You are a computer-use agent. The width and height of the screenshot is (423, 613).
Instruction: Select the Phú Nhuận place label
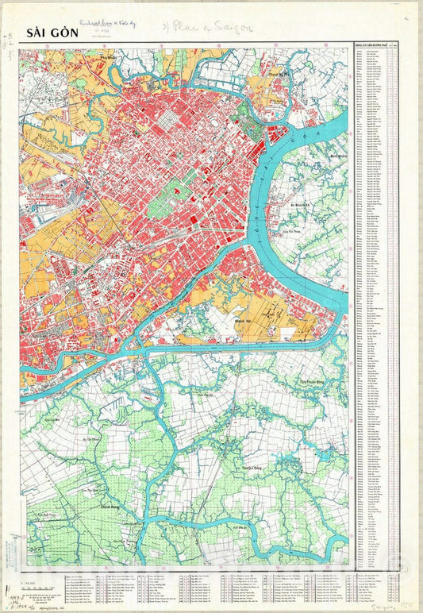pyautogui.click(x=109, y=57)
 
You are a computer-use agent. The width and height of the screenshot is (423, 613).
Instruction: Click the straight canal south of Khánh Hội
pyautogui.click(x=238, y=347)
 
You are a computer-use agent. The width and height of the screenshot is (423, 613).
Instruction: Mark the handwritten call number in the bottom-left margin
pyautogui.click(x=11, y=584)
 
